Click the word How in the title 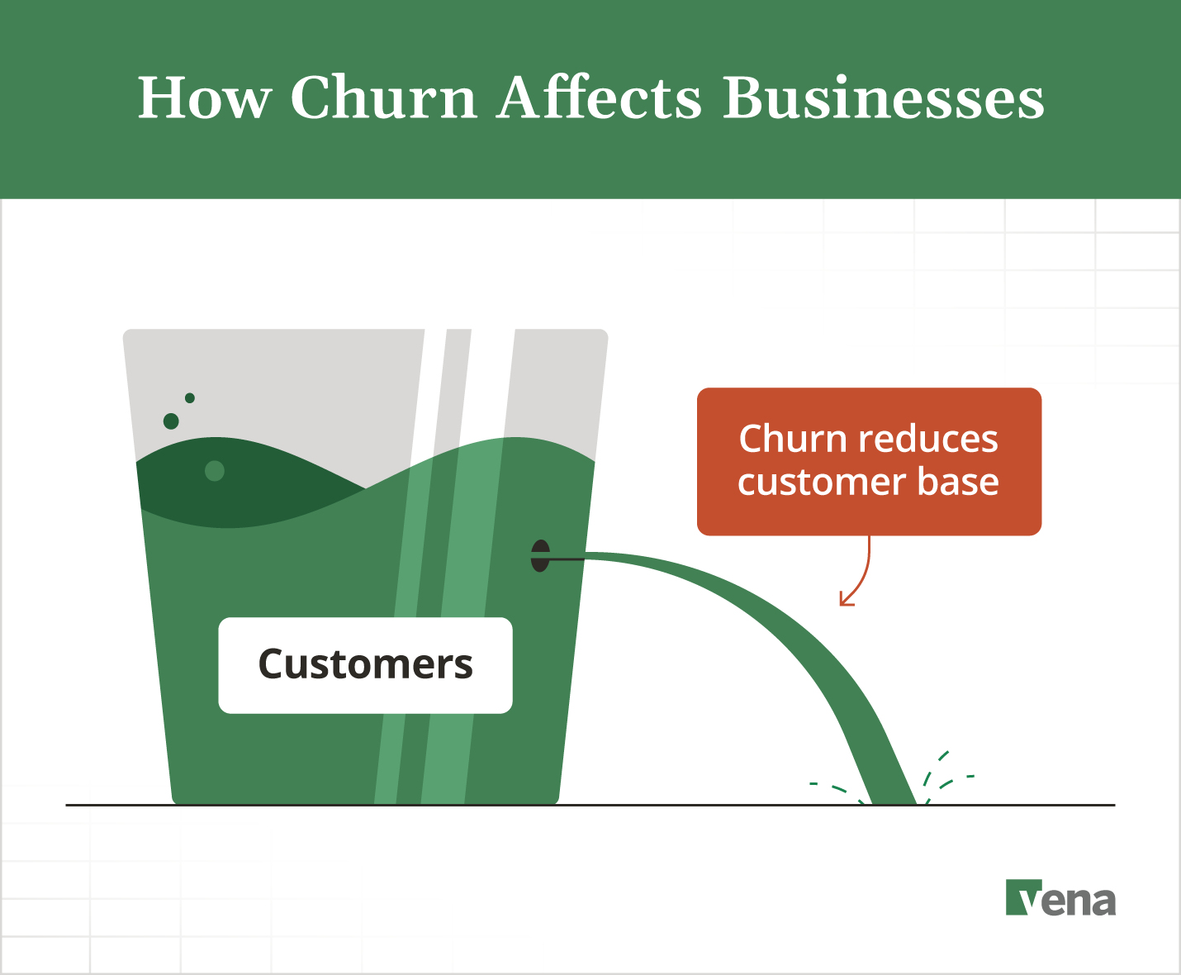pyautogui.click(x=204, y=98)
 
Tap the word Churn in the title pyautogui.click(x=384, y=98)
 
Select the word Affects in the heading pyautogui.click(x=600, y=98)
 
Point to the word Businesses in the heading pyautogui.click(x=884, y=98)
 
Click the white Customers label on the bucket pyautogui.click(x=365, y=665)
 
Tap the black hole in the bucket pyautogui.click(x=540, y=556)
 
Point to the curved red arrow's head pyautogui.click(x=844, y=601)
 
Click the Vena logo pyautogui.click(x=1060, y=898)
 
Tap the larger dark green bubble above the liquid pyautogui.click(x=171, y=421)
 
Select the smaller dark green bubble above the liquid pyautogui.click(x=190, y=398)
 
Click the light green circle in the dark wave pyautogui.click(x=215, y=471)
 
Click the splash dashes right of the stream pyautogui.click(x=946, y=773)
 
